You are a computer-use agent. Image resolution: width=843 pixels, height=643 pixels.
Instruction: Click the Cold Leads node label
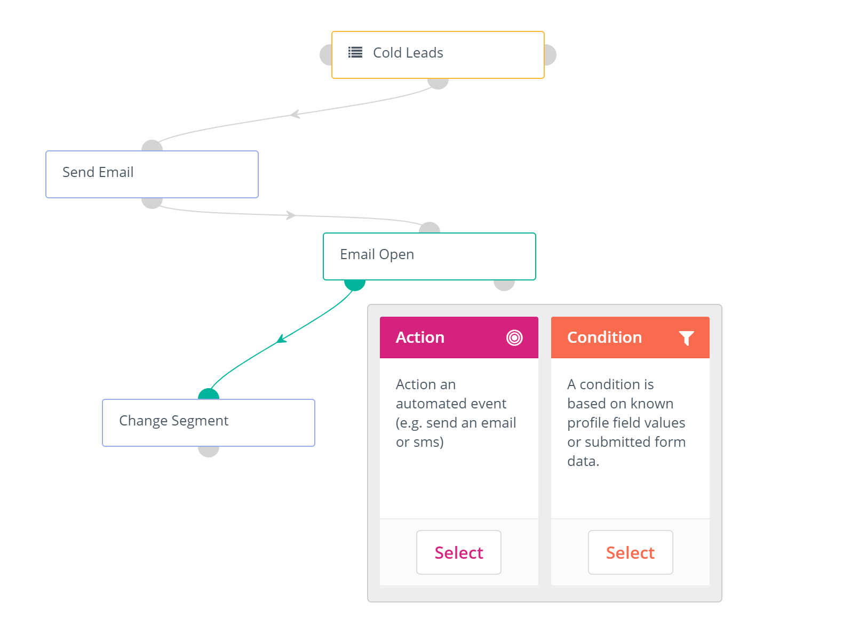pyautogui.click(x=408, y=53)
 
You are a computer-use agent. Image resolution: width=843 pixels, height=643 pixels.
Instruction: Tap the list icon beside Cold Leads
pyautogui.click(x=355, y=52)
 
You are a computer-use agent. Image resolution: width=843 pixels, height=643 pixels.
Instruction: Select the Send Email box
pyautogui.click(x=152, y=174)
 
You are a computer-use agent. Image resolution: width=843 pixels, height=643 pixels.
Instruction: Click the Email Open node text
pyautogui.click(x=377, y=254)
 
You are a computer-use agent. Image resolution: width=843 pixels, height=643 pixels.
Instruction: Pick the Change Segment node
pyautogui.click(x=209, y=423)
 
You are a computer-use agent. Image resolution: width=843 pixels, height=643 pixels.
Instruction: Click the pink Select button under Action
pyautogui.click(x=458, y=552)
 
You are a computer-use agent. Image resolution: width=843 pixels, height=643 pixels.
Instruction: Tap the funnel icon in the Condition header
pyautogui.click(x=686, y=338)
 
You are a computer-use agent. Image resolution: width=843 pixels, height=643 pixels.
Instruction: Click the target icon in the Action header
pyautogui.click(x=514, y=337)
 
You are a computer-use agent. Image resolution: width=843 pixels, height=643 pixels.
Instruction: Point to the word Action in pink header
pyautogui.click(x=420, y=337)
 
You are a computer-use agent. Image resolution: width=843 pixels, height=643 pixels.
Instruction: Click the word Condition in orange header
pyautogui.click(x=604, y=337)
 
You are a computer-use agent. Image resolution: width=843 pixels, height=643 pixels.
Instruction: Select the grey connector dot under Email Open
pyautogui.click(x=504, y=285)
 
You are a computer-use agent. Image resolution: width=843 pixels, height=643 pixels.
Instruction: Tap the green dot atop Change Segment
pyautogui.click(x=209, y=394)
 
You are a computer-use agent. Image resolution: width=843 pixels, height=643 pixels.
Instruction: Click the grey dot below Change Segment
pyautogui.click(x=209, y=452)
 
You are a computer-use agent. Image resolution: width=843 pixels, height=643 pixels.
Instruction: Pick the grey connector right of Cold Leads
pyautogui.click(x=550, y=55)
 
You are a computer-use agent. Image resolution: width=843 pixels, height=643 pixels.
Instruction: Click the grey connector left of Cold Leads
pyautogui.click(x=326, y=55)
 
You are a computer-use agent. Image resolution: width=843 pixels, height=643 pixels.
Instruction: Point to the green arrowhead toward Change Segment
pyautogui.click(x=282, y=339)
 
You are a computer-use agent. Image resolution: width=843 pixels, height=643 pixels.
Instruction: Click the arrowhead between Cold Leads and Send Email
pyautogui.click(x=295, y=114)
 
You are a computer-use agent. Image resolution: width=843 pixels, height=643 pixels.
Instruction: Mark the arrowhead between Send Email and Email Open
pyautogui.click(x=291, y=215)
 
